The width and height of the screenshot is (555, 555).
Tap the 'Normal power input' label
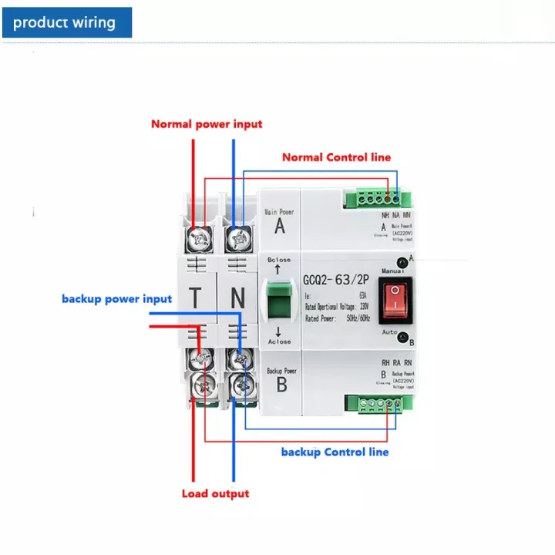(x=207, y=124)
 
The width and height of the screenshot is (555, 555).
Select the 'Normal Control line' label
(x=336, y=157)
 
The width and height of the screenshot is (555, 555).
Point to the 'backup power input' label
(x=117, y=298)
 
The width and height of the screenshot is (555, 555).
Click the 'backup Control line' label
(x=335, y=452)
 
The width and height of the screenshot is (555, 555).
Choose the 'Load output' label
(x=216, y=493)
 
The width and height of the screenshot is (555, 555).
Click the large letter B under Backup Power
(x=281, y=384)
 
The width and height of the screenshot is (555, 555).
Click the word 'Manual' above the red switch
(x=393, y=272)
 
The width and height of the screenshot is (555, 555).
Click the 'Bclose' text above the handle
(x=279, y=260)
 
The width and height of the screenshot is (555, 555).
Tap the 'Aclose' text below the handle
(x=278, y=341)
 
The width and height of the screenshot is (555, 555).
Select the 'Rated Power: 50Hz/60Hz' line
(x=336, y=318)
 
